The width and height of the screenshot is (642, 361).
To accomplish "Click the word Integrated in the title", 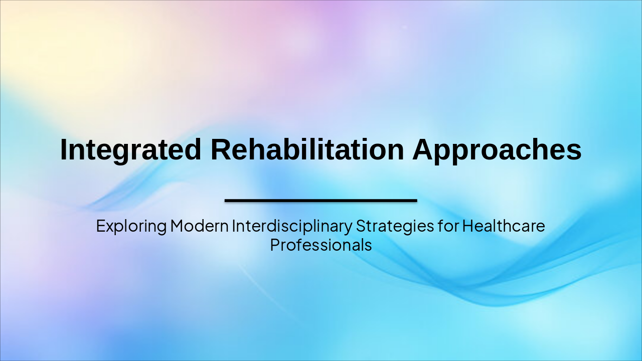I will tap(130, 150).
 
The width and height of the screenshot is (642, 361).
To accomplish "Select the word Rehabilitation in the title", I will tap(307, 149).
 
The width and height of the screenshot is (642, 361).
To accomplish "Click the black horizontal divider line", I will tap(321, 201).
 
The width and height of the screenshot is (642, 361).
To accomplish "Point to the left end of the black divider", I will tap(226, 201).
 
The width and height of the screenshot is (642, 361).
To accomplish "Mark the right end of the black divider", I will tap(416, 201).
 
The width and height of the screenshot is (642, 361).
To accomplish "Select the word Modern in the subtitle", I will tap(199, 226).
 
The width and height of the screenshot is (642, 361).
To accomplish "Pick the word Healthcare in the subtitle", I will tap(503, 226).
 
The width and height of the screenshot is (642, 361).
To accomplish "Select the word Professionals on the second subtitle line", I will tap(321, 245).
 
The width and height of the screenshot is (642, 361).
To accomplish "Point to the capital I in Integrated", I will tap(63, 149).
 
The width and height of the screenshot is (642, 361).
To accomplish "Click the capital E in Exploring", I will tap(100, 226).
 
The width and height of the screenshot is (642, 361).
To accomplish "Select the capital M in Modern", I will tap(176, 226).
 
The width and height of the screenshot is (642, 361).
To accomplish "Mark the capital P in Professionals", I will tap(274, 245).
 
